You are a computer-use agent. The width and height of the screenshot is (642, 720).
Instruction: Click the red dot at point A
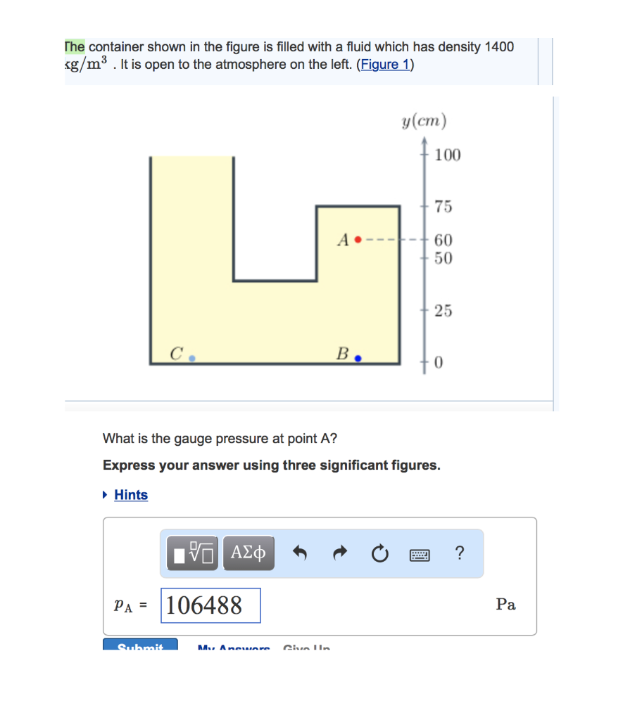[x=358, y=240]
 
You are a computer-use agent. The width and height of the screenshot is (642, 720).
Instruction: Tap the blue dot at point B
[x=358, y=358]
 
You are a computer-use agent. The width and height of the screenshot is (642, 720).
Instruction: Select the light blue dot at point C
[x=191, y=357]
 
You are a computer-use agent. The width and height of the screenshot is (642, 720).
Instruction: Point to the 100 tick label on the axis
[x=447, y=155]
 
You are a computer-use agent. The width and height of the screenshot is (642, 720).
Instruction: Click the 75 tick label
[x=443, y=207]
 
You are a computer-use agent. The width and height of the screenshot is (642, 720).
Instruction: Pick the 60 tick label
[x=443, y=240]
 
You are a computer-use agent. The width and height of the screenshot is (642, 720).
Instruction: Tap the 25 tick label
[x=443, y=310]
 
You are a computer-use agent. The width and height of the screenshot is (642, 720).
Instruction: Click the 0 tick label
[x=439, y=363]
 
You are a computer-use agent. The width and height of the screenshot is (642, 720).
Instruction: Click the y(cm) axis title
[x=424, y=122]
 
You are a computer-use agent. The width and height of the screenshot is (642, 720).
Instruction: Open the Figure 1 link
[x=385, y=65]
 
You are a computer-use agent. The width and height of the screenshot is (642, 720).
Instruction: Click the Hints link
[x=131, y=495]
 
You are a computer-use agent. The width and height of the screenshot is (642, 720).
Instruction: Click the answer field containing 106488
[x=210, y=605]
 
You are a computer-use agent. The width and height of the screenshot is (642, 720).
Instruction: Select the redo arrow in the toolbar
[x=340, y=554]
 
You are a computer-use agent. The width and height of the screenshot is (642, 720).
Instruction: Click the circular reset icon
[x=379, y=554]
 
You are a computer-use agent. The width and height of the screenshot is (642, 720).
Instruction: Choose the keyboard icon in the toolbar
[x=420, y=554]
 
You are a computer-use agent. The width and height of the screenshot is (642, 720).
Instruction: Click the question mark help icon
[x=460, y=553]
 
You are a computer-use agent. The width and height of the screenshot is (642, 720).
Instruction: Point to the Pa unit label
[x=505, y=605]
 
